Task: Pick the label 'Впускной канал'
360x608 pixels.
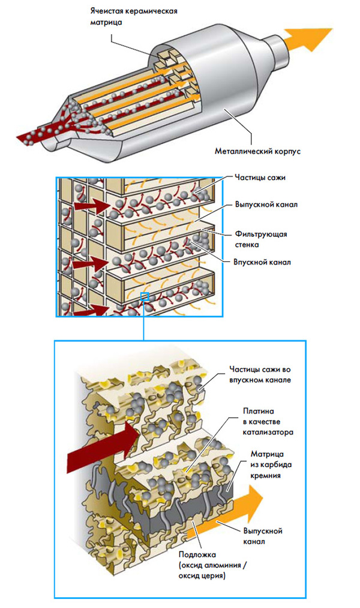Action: point(257,262)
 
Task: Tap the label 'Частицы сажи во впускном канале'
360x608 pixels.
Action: point(259,375)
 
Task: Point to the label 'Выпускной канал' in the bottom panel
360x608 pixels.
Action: point(262,536)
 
